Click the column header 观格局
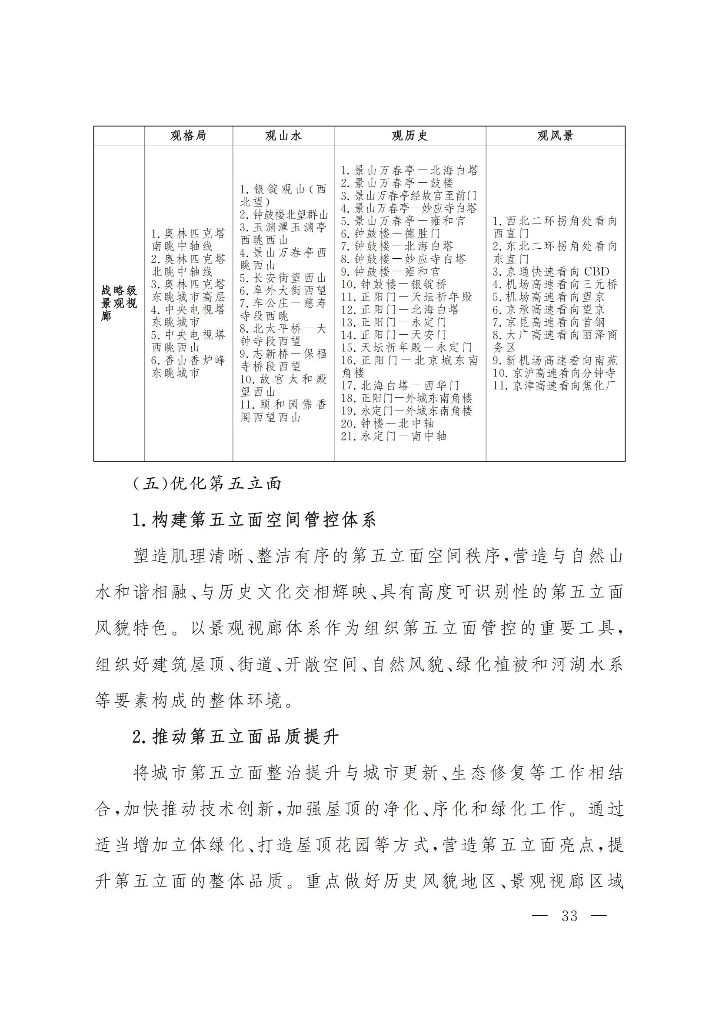[x=188, y=136]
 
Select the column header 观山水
[x=283, y=136]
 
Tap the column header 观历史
[x=409, y=136]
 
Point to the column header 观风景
[x=555, y=136]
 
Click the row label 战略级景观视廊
[x=119, y=303]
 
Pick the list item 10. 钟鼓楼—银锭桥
[x=393, y=284]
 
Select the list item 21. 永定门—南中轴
[x=393, y=436]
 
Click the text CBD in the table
[x=596, y=271]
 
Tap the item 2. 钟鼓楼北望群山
[x=284, y=215]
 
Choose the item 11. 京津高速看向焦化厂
[x=554, y=386]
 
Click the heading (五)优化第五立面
[x=207, y=483]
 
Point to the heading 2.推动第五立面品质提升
[x=236, y=737]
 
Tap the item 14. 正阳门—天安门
[x=393, y=335]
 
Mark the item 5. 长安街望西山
[x=283, y=278]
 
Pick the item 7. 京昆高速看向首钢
[x=549, y=323]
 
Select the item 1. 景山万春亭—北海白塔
[x=409, y=170]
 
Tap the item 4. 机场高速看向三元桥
[x=555, y=284]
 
